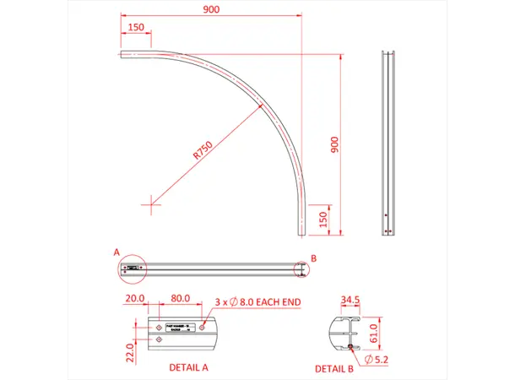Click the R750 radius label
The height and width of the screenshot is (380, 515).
[x=201, y=150]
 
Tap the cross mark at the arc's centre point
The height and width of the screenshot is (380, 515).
[x=151, y=201]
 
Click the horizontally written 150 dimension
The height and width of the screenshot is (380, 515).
[x=134, y=28]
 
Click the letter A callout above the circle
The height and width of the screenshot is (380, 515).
[x=117, y=252]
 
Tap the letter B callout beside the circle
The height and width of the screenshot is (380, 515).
[x=313, y=258]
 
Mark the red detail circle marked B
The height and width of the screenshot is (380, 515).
[x=301, y=269]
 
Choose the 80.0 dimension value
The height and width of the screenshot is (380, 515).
[x=178, y=299]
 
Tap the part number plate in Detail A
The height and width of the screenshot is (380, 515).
[x=178, y=328]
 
